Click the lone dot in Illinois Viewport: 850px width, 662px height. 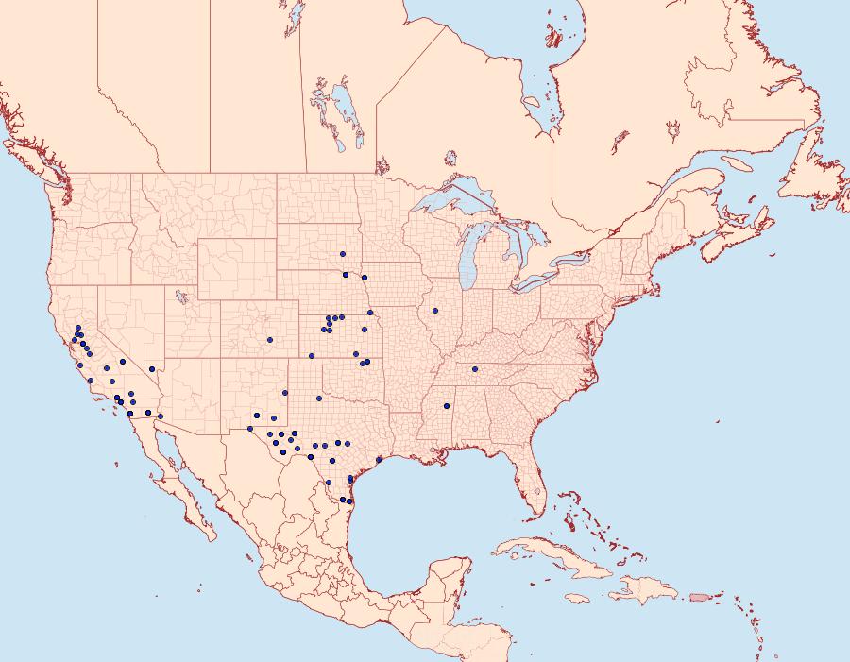pos(435,311)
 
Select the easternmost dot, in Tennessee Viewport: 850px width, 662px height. pos(475,369)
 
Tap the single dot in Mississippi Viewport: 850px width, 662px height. pos(446,407)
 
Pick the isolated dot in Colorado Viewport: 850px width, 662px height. pos(269,340)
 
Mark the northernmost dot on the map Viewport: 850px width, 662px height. pos(343,254)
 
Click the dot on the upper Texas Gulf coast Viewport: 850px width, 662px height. pos(379,460)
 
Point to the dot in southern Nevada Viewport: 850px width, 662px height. pos(152,369)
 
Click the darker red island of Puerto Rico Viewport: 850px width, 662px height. pos(700,596)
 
